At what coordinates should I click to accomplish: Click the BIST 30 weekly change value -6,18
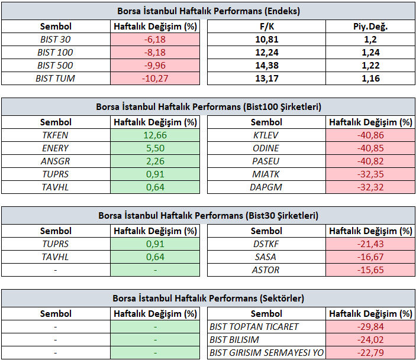point(155,40)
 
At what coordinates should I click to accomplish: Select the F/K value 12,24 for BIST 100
point(267,53)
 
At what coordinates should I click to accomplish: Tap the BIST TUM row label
point(56,79)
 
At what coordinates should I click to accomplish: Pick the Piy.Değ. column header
point(370,27)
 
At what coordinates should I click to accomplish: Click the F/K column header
point(267,27)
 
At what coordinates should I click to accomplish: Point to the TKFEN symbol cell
point(56,135)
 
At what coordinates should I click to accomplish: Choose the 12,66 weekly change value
point(155,135)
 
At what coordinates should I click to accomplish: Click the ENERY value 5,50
point(155,148)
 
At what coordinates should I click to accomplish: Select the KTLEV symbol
point(266,135)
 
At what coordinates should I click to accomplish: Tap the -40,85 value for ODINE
point(370,148)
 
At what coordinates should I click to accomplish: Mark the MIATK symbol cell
point(266,174)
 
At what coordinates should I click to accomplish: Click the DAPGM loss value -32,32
point(370,187)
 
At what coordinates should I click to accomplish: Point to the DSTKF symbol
point(266,244)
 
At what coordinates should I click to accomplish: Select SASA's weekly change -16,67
point(370,257)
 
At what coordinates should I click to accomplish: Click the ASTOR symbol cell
point(266,270)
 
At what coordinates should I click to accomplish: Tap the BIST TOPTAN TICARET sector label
point(254,326)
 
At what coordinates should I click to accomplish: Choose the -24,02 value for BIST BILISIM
point(370,339)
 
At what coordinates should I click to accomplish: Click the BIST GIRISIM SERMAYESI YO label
point(266,352)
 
